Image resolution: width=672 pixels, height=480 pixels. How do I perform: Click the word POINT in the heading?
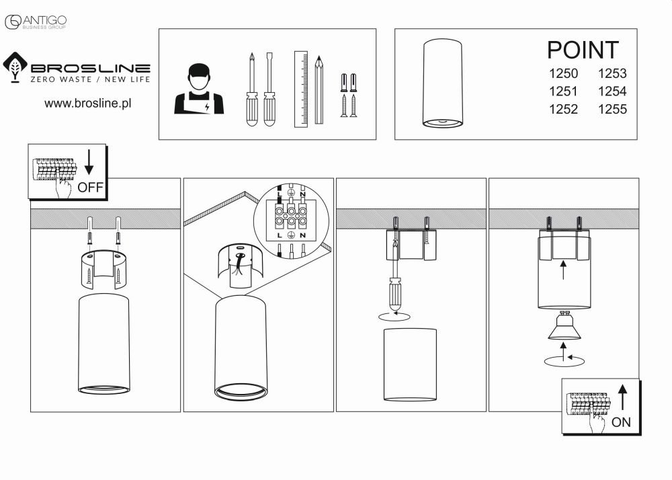pyautogui.click(x=582, y=50)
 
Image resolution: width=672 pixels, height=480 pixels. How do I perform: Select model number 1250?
pyautogui.click(x=563, y=74)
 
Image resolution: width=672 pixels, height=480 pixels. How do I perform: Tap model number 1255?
pyautogui.click(x=612, y=109)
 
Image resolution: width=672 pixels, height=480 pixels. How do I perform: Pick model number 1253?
pyautogui.click(x=612, y=74)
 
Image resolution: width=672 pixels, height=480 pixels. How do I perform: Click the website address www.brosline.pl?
pyautogui.click(x=87, y=104)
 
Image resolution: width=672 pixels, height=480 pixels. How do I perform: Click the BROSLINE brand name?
pyautogui.click(x=90, y=68)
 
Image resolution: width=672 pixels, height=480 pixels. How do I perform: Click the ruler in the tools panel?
pyautogui.click(x=300, y=89)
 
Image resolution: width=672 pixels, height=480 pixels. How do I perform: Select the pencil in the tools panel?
pyautogui.click(x=319, y=89)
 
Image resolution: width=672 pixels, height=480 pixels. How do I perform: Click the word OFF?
pyautogui.click(x=91, y=187)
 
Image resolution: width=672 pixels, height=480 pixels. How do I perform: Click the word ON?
pyautogui.click(x=622, y=422)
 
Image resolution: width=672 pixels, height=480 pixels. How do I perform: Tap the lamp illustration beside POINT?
pyautogui.click(x=442, y=83)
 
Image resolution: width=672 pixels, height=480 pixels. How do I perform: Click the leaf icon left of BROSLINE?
pyautogui.click(x=15, y=67)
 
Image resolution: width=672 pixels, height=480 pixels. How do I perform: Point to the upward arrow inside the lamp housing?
pyautogui.click(x=563, y=270)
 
